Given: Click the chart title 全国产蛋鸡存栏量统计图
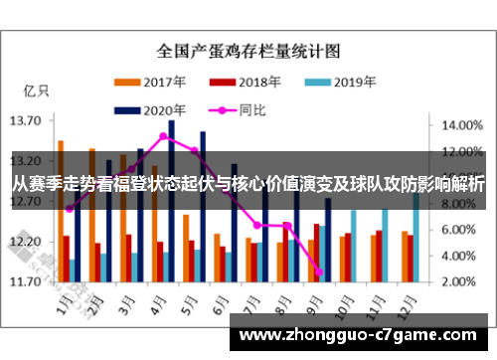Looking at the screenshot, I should pos(248,48).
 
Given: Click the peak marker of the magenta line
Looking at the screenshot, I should pos(163,136).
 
